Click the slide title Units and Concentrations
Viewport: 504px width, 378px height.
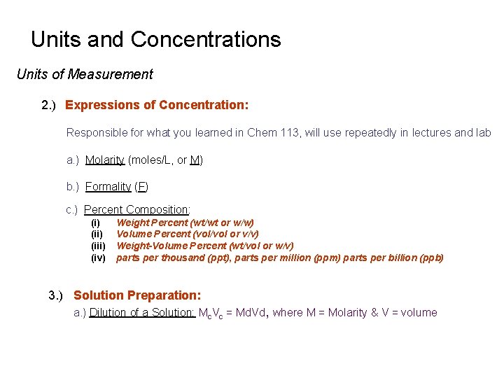(155, 39)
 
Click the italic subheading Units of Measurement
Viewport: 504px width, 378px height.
(85, 74)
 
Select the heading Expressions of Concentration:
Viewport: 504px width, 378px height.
(157, 105)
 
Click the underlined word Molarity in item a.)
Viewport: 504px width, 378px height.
(105, 160)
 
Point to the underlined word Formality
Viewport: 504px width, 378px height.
(108, 186)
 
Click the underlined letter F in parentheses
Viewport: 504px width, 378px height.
(141, 186)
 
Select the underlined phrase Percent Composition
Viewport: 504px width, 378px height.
(136, 209)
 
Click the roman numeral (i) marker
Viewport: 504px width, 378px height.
(97, 223)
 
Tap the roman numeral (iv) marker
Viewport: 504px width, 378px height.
(98, 258)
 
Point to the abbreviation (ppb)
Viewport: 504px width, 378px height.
(431, 258)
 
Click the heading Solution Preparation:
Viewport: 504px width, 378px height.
(137, 295)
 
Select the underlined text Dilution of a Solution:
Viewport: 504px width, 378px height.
(142, 313)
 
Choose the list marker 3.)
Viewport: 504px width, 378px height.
(56, 295)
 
